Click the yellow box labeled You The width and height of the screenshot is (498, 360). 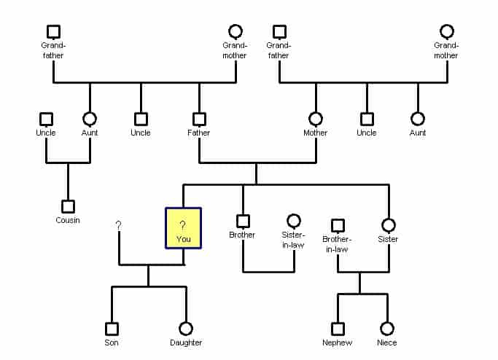click(x=183, y=228)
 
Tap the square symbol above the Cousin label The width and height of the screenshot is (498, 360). click(x=68, y=206)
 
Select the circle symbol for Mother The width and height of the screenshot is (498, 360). click(x=316, y=119)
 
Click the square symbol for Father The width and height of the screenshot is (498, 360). click(x=199, y=119)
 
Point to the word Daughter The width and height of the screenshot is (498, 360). click(x=186, y=343)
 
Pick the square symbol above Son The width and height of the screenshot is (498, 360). click(x=112, y=329)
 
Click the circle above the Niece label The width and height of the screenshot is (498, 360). click(x=387, y=329)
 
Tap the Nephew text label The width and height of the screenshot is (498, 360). click(x=338, y=343)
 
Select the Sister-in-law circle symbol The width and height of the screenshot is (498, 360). click(x=294, y=221)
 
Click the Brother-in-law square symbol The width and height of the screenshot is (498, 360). click(x=338, y=225)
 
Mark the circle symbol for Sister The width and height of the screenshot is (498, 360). click(x=389, y=225)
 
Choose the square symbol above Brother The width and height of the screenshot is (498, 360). click(x=243, y=221)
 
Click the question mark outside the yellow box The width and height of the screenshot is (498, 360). click(x=118, y=225)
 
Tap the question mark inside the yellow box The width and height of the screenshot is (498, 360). click(x=182, y=225)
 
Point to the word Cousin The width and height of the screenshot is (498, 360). click(x=68, y=220)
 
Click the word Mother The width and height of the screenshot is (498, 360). click(x=316, y=133)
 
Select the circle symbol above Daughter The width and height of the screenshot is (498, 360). click(x=186, y=329)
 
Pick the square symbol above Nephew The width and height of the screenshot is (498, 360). click(x=338, y=329)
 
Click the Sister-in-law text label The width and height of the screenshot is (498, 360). click(x=293, y=240)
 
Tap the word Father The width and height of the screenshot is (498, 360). click(x=199, y=133)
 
